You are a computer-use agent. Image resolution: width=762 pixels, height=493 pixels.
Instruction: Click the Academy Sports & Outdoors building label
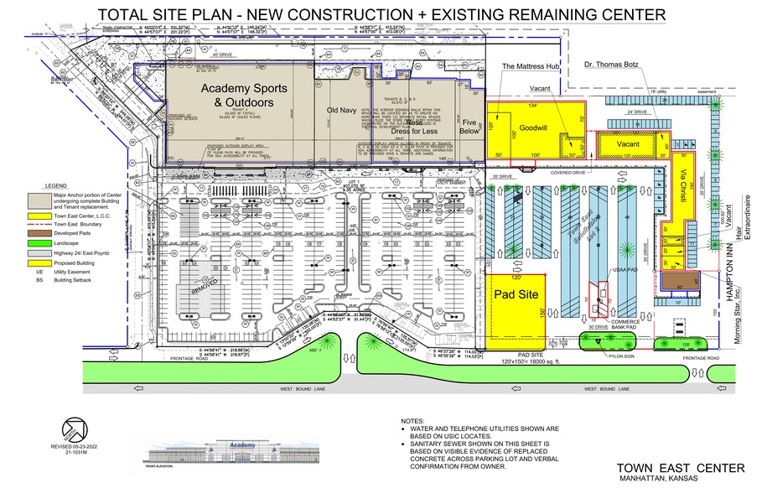[238, 96]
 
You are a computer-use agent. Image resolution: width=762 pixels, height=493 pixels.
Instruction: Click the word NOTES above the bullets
[413, 421]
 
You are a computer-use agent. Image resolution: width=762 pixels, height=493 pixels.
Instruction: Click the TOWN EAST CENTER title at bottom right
[680, 468]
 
